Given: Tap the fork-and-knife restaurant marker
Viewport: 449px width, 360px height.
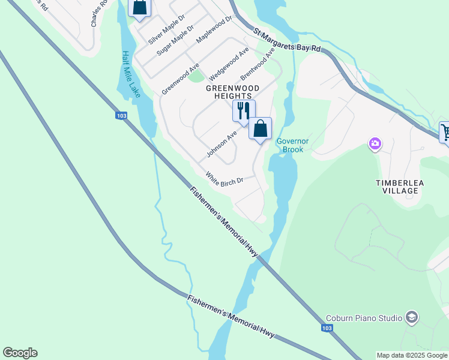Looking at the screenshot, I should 244,111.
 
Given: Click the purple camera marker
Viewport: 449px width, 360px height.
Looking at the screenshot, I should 375,143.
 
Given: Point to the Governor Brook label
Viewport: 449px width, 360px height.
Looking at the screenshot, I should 292,145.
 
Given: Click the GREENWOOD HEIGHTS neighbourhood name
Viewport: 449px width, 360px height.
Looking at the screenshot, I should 233,92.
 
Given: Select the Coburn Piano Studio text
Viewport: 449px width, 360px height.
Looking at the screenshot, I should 364,318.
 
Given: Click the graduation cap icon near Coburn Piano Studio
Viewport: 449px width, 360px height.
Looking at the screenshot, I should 411,317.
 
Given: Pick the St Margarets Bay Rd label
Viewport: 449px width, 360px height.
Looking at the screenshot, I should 287,40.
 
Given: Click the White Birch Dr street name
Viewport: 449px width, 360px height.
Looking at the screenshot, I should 224,178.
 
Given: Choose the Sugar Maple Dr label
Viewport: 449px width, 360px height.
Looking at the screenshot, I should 175,41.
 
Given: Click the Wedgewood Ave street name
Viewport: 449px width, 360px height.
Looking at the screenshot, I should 229,65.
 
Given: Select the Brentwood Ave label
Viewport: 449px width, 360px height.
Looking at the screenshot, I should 258,65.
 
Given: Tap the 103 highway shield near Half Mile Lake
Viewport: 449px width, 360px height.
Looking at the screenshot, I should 121,116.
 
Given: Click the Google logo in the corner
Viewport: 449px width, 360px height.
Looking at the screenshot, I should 20,353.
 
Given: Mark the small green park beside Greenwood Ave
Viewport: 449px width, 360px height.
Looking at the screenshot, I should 196,76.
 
